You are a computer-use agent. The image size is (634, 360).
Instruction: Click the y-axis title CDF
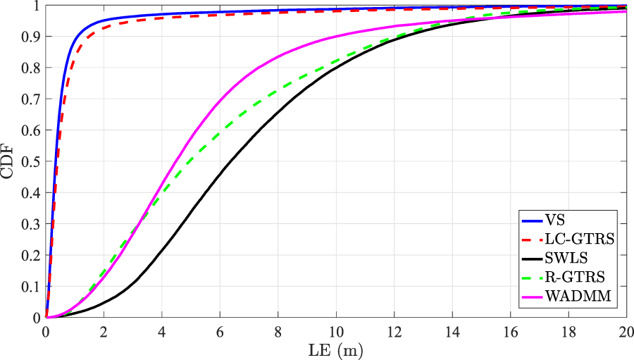[10, 161]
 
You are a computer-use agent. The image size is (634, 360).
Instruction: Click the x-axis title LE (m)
[337, 349]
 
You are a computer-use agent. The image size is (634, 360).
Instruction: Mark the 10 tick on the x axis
[337, 330]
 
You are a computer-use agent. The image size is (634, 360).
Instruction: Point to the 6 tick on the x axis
[220, 330]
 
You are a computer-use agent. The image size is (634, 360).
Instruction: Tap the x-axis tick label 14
[452, 330]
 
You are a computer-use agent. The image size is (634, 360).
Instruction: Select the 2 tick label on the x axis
[104, 330]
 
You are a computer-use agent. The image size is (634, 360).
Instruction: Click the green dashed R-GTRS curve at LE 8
[278, 89]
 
